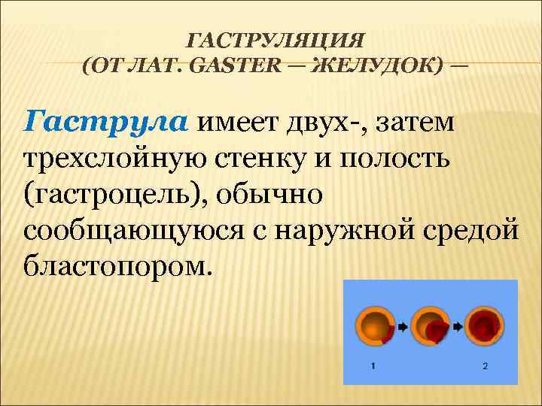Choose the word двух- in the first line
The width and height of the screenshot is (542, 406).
coord(331,120)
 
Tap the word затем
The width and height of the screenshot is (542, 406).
coord(423,120)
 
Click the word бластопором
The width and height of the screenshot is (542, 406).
coord(113,265)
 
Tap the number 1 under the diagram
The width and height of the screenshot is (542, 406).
coord(374,366)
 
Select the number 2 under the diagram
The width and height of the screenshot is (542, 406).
coord(486,366)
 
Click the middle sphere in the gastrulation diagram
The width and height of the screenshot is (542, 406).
coord(431,326)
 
